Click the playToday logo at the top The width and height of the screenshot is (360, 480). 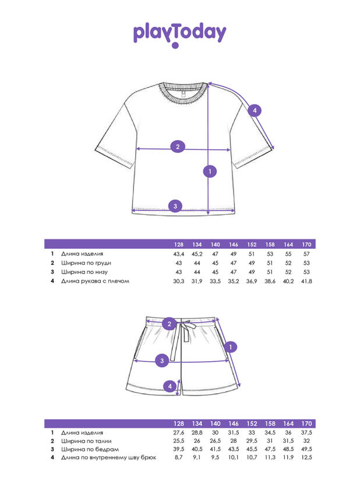point(179,35)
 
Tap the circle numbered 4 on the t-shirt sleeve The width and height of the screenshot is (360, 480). point(255,111)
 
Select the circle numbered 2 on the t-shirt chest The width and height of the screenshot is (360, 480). point(178,147)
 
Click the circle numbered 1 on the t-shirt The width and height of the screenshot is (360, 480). point(210,171)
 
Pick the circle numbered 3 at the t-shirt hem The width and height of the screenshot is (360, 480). point(175,206)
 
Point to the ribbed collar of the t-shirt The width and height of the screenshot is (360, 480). point(183,93)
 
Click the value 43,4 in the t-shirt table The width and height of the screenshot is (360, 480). point(179,254)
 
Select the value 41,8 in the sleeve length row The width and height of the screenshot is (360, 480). point(306,281)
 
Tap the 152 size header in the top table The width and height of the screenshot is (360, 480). point(252,245)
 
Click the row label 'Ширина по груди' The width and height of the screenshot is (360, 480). point(86,263)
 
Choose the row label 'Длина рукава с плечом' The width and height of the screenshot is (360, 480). point(95,281)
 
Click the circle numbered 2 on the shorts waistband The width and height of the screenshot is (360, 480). point(170,324)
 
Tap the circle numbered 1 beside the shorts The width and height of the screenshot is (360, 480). point(231,347)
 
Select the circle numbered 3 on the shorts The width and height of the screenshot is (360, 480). point(162,361)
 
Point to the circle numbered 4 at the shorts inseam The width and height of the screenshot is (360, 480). point(170,386)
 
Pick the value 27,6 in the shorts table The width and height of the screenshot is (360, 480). point(179,433)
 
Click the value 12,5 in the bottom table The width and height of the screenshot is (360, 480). point(306,457)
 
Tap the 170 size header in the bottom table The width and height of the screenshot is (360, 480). point(306,423)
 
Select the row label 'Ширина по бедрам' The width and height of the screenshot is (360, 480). point(90,449)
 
